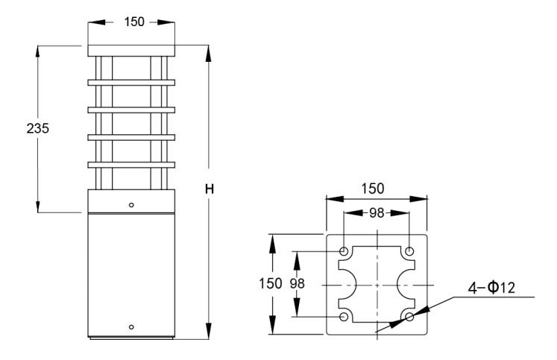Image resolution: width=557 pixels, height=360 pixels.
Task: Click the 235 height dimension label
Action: (37, 128)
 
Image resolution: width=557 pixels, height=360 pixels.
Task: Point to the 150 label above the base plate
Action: (377, 189)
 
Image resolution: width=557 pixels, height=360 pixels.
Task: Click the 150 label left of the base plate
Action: (271, 284)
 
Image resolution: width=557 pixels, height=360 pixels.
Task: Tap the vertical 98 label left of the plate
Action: (297, 284)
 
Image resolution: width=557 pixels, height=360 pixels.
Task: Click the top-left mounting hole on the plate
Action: (344, 250)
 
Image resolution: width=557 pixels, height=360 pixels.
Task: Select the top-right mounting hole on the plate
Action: (409, 250)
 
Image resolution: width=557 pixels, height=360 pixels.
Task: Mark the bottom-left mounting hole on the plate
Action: (344, 318)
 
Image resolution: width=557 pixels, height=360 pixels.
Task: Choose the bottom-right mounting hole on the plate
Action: (409, 318)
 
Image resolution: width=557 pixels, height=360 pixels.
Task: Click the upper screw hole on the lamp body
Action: (131, 203)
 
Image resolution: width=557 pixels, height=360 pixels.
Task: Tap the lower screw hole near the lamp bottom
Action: (131, 327)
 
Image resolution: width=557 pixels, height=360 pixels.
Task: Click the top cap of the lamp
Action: (131, 51)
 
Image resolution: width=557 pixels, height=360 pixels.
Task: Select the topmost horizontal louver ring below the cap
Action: (131, 81)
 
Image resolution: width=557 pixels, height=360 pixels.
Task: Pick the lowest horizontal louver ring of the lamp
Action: (131, 164)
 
